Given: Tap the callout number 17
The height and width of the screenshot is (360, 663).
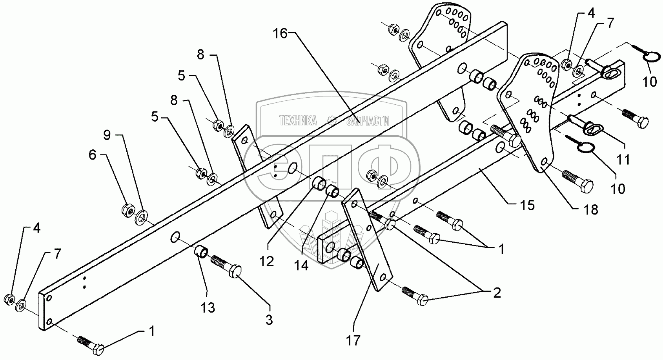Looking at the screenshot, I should click(x=353, y=340).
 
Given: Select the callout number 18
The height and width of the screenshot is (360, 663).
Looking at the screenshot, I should click(x=591, y=210).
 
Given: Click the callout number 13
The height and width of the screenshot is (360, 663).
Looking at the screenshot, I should click(x=208, y=308).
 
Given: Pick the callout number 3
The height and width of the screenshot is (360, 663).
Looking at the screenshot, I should click(x=269, y=320).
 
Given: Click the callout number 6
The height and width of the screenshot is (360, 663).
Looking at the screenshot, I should click(x=93, y=155).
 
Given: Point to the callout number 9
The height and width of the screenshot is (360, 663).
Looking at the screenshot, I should click(x=107, y=136).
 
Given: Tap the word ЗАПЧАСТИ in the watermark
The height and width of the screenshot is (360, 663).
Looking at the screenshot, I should click(x=368, y=121).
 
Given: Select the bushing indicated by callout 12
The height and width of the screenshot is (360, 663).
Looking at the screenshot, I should click(x=320, y=182).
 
